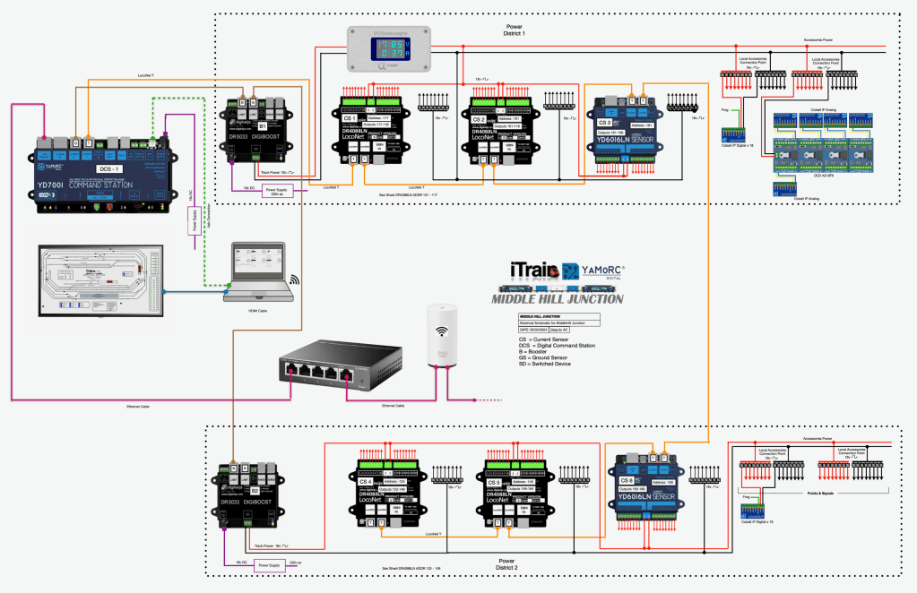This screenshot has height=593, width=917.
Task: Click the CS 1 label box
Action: pos(350,117)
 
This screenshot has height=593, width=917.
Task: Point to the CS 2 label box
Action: pos(479,118)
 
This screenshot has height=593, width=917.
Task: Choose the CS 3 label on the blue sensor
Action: pos(604,122)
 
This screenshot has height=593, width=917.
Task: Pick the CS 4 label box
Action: pos(365,481)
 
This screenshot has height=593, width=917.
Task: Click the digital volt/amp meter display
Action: pos(392,47)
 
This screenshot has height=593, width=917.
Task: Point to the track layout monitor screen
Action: pos(99,278)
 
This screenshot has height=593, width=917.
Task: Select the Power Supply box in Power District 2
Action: pos(268,565)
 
